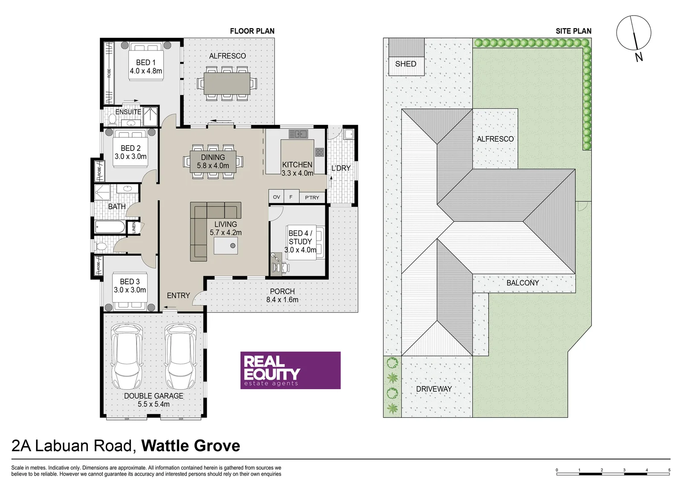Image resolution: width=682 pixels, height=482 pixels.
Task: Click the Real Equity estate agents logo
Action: click(290, 370)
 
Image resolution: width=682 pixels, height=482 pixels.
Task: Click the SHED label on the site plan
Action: click(405, 64)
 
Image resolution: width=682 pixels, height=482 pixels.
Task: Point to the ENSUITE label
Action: click(128, 112)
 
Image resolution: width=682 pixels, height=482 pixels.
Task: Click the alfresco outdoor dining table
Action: click(227, 83)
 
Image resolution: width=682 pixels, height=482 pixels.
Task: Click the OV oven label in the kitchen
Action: click(276, 197)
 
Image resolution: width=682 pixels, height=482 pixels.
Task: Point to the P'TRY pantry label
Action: click(312, 197)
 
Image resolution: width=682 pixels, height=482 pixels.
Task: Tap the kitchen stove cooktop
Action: click(319, 152)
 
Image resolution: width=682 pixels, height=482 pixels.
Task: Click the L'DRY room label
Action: click(341, 168)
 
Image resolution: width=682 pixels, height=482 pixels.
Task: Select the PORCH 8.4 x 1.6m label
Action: click(282, 295)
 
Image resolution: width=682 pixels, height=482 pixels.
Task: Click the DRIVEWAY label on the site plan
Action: click(433, 389)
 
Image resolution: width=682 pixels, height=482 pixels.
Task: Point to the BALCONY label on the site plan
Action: click(522, 283)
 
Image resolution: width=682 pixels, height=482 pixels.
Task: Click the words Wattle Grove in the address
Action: click(191, 445)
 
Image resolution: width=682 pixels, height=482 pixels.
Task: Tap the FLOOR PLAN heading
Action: click(252, 31)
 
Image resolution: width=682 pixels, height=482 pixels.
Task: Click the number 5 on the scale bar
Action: click(669, 470)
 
